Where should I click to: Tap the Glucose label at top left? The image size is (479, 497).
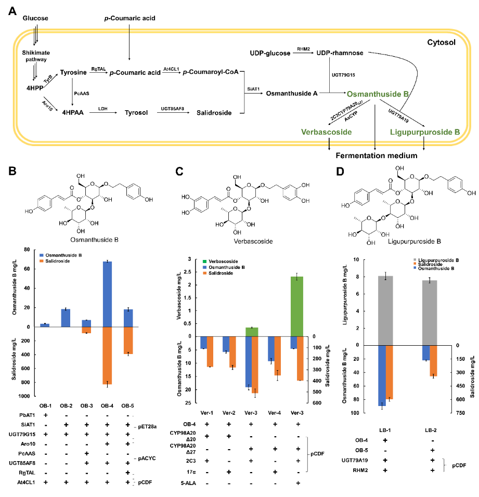pyautogui.click(x=35, y=19)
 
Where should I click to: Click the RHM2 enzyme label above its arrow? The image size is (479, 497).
pyautogui.click(x=303, y=48)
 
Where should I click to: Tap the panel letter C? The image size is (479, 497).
pyautogui.click(x=179, y=171)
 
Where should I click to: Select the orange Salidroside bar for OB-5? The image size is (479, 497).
pyautogui.click(x=127, y=340)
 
